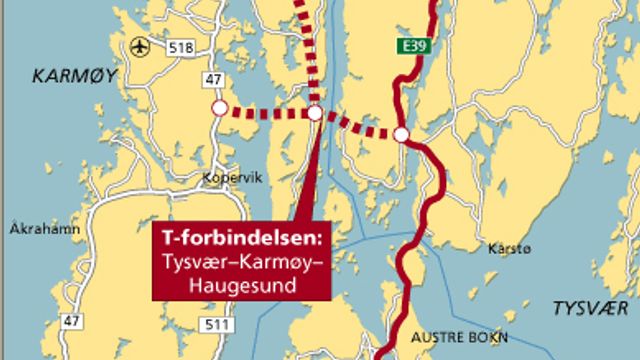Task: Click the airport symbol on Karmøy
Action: [x=139, y=46]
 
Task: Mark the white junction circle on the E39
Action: [x=401, y=134]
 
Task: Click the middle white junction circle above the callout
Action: [x=315, y=114]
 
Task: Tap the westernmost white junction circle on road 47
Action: [x=219, y=108]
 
